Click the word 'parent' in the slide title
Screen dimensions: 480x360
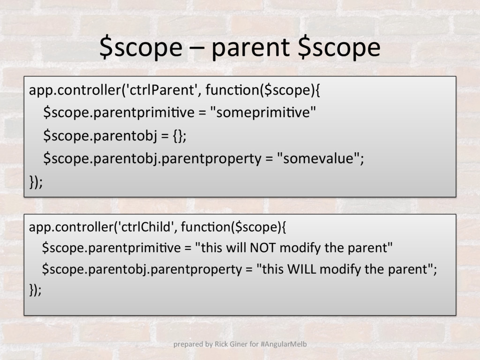pyautogui.click(x=250, y=48)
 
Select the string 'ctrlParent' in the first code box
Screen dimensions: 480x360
pyautogui.click(x=160, y=90)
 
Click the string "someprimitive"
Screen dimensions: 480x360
pyautogui.click(x=263, y=112)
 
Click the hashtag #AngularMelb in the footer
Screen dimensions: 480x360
pyautogui.click(x=284, y=344)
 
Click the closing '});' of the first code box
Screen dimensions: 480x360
pyautogui.click(x=36, y=182)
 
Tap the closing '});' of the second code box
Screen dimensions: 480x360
pyautogui.click(x=35, y=290)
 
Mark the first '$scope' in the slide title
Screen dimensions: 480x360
pyautogui.click(x=141, y=48)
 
